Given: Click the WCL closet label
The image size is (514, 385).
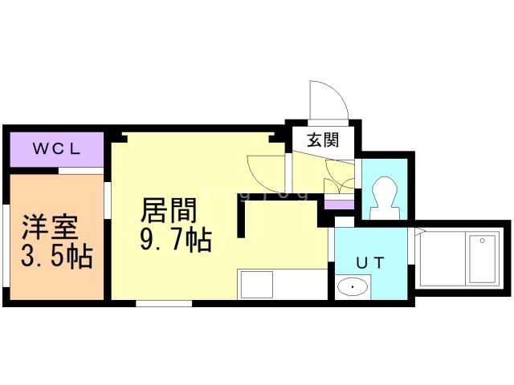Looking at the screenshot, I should click(56, 148).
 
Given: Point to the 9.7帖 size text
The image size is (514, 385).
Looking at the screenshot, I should click(175, 239).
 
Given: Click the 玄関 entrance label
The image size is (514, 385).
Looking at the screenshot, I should click(321, 140).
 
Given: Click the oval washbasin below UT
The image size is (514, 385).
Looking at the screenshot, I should click(353, 286).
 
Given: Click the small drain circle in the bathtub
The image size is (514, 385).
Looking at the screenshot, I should click(482, 241).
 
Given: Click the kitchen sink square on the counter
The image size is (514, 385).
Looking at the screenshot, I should click(256, 285).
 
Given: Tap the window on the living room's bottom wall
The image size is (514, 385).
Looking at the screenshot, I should click(164, 303).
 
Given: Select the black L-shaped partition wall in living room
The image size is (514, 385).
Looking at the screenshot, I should click(241, 217).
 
